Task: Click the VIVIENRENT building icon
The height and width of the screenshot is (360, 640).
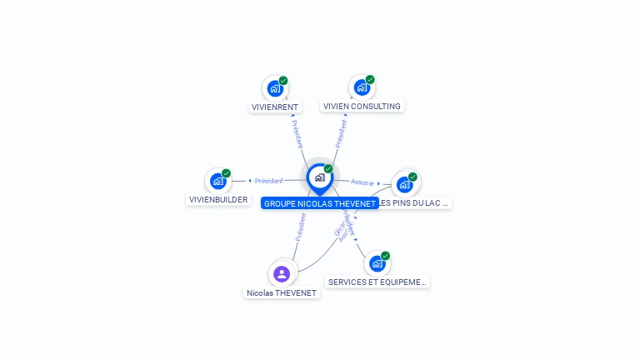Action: pyautogui.click(x=275, y=88)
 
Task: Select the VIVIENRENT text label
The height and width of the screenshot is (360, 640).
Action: pyautogui.click(x=275, y=107)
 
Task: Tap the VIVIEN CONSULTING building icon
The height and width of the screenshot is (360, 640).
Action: pyautogui.click(x=361, y=87)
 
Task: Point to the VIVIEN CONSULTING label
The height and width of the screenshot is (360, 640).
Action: pyautogui.click(x=362, y=107)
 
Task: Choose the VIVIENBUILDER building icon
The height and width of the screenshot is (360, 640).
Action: pyautogui.click(x=217, y=181)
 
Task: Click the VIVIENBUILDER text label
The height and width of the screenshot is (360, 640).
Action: pyautogui.click(x=218, y=200)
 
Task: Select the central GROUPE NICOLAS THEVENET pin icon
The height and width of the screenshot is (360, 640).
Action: pyautogui.click(x=319, y=177)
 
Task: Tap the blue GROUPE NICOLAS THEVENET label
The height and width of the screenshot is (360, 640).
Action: pyautogui.click(x=319, y=203)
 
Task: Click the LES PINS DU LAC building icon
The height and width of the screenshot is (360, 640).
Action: pyautogui.click(x=405, y=184)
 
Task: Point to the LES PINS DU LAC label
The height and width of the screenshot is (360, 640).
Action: pyautogui.click(x=415, y=203)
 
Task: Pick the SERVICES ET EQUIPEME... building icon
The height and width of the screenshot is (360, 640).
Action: pyautogui.click(x=377, y=263)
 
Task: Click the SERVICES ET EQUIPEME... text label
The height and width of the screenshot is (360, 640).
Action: pyautogui.click(x=377, y=282)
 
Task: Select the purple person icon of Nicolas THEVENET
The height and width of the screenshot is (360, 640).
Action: pyautogui.click(x=282, y=274)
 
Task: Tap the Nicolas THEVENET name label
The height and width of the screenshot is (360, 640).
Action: pyautogui.click(x=282, y=293)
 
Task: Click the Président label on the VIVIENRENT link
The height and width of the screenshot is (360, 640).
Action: pyautogui.click(x=297, y=134)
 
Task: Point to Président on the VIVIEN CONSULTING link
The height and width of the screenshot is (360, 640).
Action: pyautogui.click(x=341, y=134)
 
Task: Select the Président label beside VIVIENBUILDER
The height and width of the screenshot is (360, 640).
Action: pyautogui.click(x=268, y=181)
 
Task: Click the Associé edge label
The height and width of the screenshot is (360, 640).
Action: pyautogui.click(x=362, y=182)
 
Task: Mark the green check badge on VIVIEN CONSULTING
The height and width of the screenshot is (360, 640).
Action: pyautogui.click(x=370, y=80)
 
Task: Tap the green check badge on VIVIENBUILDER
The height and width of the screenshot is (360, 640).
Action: pyautogui.click(x=226, y=173)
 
